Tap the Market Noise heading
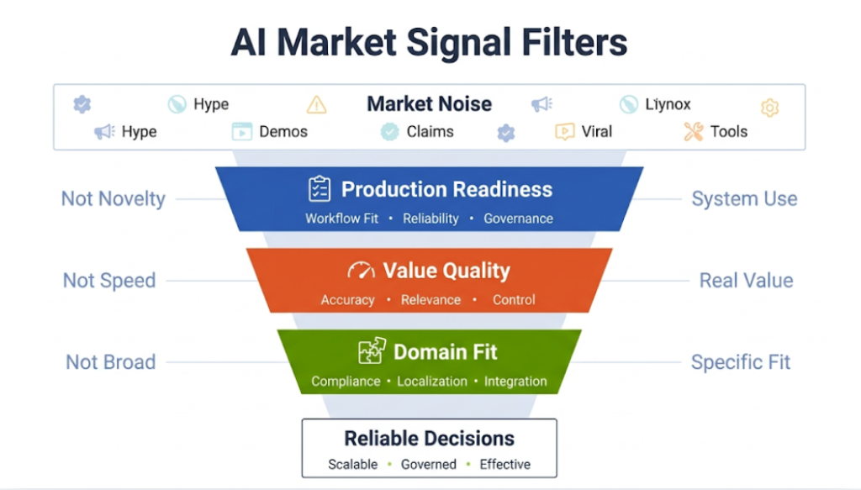(x=429, y=104)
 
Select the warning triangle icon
(x=316, y=105)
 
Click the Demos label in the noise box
(x=283, y=131)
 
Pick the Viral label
(x=597, y=131)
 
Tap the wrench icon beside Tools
(x=693, y=131)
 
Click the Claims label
(x=430, y=131)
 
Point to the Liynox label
(x=668, y=104)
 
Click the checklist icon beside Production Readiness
(x=320, y=189)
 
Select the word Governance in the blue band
(x=518, y=219)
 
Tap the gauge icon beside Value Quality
(x=361, y=271)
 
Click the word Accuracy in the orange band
(x=347, y=300)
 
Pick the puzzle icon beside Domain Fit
(x=371, y=351)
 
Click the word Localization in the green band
(x=432, y=382)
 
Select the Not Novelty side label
(x=113, y=199)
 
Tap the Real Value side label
(x=746, y=281)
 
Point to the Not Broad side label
(x=110, y=362)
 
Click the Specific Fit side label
(x=741, y=362)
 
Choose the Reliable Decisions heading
(x=429, y=438)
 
